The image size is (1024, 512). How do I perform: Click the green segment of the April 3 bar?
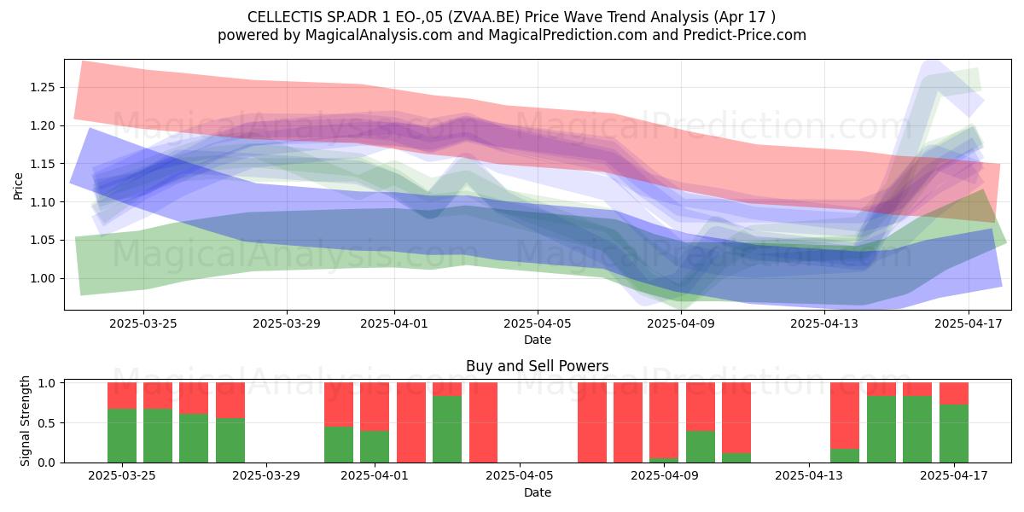point(447,429)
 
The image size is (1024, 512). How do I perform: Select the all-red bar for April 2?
point(411,422)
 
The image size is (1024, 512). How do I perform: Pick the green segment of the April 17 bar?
point(954,433)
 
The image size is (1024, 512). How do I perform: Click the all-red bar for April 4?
point(483,422)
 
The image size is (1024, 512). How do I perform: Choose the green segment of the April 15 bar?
point(881,429)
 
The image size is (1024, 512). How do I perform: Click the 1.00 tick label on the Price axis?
point(43,278)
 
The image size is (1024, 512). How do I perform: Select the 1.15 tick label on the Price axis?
point(43,164)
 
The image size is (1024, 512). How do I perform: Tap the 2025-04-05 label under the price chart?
point(538,323)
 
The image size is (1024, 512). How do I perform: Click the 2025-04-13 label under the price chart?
point(824,323)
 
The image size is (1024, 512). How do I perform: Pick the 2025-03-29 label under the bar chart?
point(266,476)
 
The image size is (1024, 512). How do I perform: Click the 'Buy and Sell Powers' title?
point(537,366)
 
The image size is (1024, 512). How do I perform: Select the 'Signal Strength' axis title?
point(25,421)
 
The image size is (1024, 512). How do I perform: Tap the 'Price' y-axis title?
point(18,186)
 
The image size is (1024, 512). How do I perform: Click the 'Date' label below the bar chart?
point(538,492)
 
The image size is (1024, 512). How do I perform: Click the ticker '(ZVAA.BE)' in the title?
point(484,17)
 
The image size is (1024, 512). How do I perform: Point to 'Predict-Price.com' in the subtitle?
point(745,35)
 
